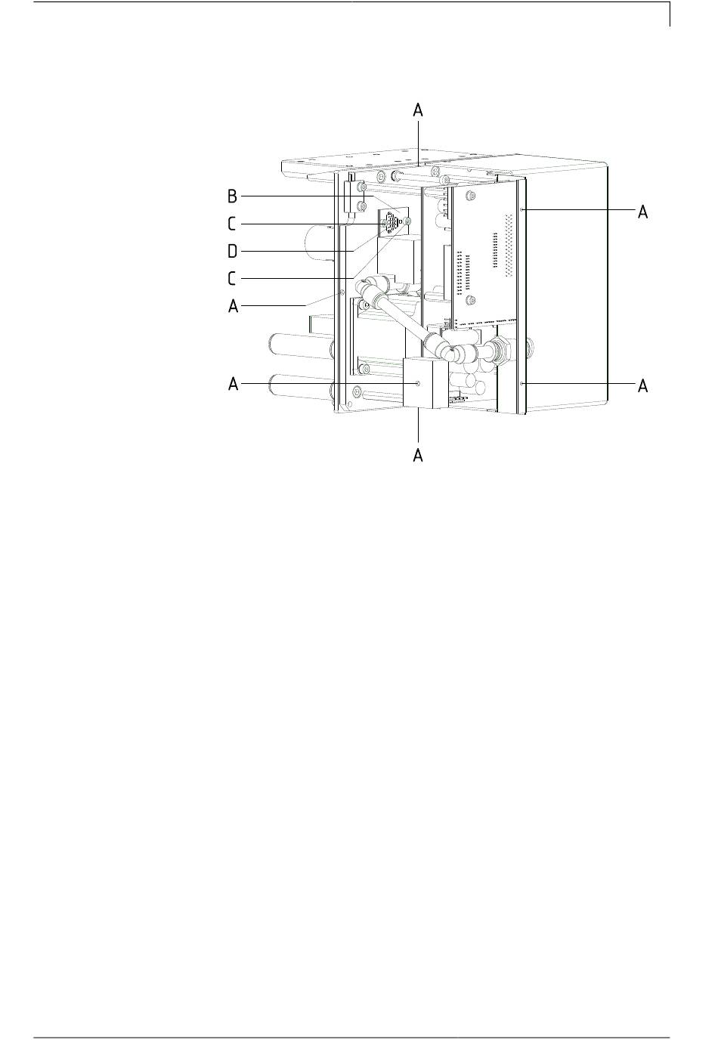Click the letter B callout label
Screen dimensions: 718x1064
pos(232,196)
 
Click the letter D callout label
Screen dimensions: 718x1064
pos(232,252)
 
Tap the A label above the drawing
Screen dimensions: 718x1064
pos(418,110)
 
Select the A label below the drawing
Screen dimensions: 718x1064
pos(418,455)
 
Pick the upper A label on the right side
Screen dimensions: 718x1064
pos(643,212)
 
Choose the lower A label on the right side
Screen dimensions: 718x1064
pos(643,386)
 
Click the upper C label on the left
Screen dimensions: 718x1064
pos(232,224)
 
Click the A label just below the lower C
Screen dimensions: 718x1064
pos(233,306)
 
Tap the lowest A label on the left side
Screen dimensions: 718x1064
pos(233,384)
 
